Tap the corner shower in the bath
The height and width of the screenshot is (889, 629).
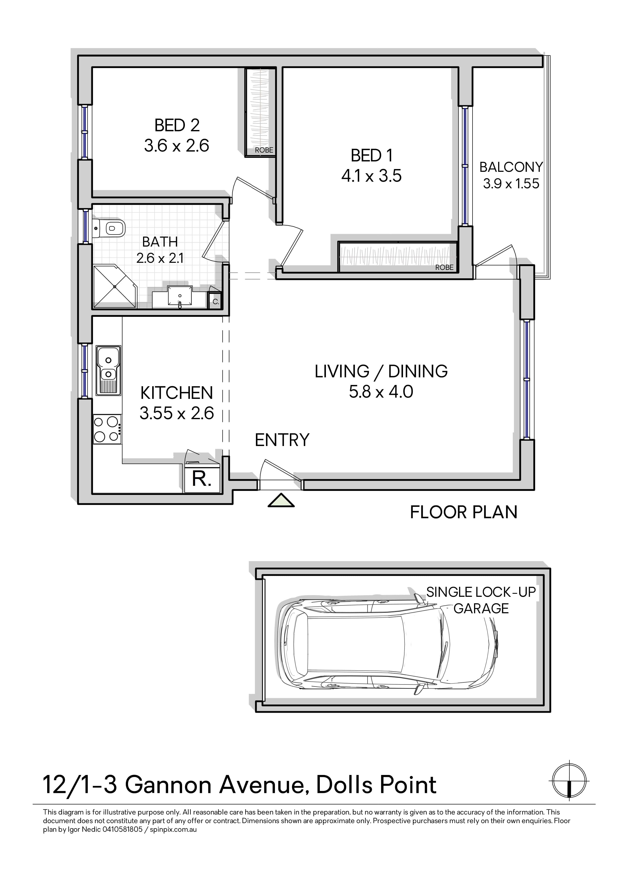[x=115, y=287]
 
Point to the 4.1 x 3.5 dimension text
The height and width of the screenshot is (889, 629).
[x=371, y=176]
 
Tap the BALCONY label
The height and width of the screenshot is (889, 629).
[x=511, y=167]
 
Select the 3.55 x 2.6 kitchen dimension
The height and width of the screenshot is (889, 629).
[x=177, y=413]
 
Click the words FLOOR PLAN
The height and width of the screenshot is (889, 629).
[x=464, y=512]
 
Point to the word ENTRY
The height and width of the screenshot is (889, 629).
[x=282, y=440]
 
